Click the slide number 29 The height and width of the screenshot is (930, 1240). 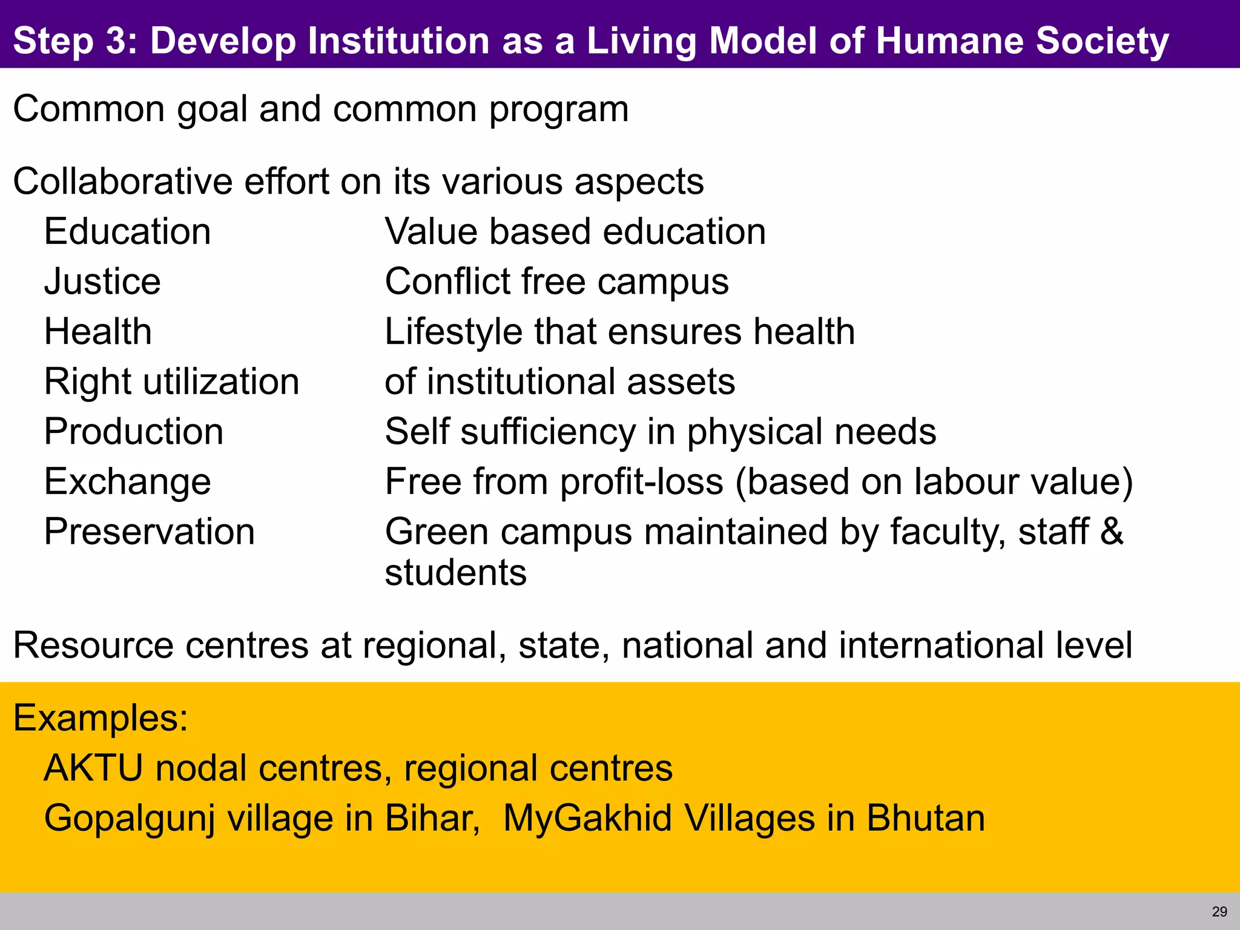click(1219, 912)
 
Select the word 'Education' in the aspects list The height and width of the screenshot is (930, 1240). click(128, 232)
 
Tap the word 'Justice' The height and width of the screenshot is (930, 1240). click(102, 282)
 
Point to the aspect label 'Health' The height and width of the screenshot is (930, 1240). click(98, 332)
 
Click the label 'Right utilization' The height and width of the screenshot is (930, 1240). click(172, 382)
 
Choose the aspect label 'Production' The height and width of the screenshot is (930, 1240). click(134, 432)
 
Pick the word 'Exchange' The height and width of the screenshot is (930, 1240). click(128, 482)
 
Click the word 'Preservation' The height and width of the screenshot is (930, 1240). click(150, 532)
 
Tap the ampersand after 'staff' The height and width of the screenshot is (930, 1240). click(1111, 532)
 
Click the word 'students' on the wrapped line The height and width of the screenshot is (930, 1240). click(456, 572)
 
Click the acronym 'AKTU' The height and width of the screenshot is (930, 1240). click(93, 768)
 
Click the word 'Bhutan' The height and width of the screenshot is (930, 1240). click(925, 819)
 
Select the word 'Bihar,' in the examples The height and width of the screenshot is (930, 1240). click(432, 819)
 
